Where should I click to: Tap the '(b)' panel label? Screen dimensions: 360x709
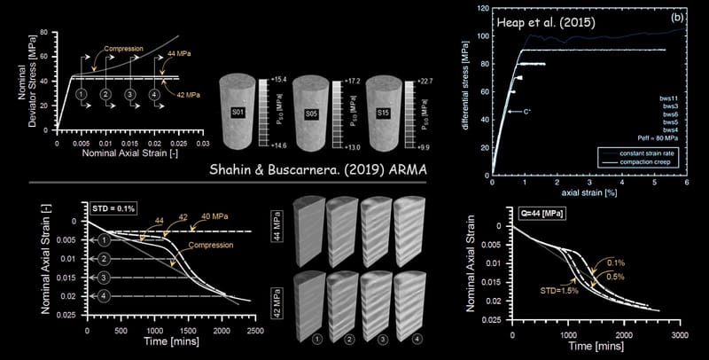[675, 17]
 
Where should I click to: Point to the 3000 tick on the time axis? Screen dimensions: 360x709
[680, 337]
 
